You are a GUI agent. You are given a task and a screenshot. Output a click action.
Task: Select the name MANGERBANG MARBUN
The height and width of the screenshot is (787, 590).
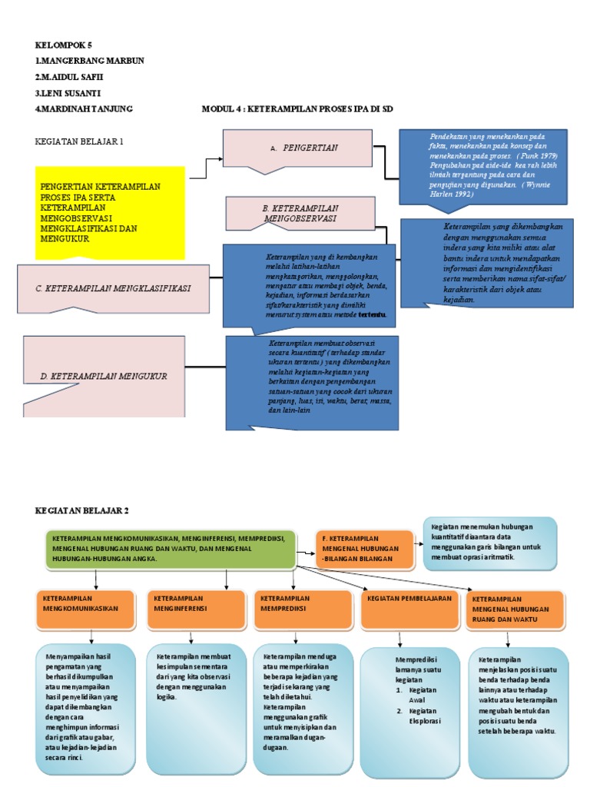click(90, 61)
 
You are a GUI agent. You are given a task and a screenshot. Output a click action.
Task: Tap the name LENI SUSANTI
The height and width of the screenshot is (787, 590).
click(68, 93)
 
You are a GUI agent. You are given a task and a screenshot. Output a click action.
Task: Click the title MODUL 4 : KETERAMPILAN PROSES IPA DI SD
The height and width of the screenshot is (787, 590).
click(297, 109)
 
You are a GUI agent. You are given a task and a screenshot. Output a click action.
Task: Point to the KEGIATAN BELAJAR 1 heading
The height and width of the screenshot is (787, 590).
click(79, 141)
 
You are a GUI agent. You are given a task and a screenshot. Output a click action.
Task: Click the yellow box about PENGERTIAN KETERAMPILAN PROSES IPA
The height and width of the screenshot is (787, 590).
click(110, 212)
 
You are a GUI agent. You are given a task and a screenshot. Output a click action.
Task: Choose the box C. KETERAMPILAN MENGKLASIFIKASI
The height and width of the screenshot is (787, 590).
click(113, 289)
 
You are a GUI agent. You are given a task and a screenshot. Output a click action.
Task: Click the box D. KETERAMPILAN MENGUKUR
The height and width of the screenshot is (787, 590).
click(104, 376)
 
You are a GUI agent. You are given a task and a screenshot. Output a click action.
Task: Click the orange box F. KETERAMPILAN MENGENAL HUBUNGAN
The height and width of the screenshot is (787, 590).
click(364, 549)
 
